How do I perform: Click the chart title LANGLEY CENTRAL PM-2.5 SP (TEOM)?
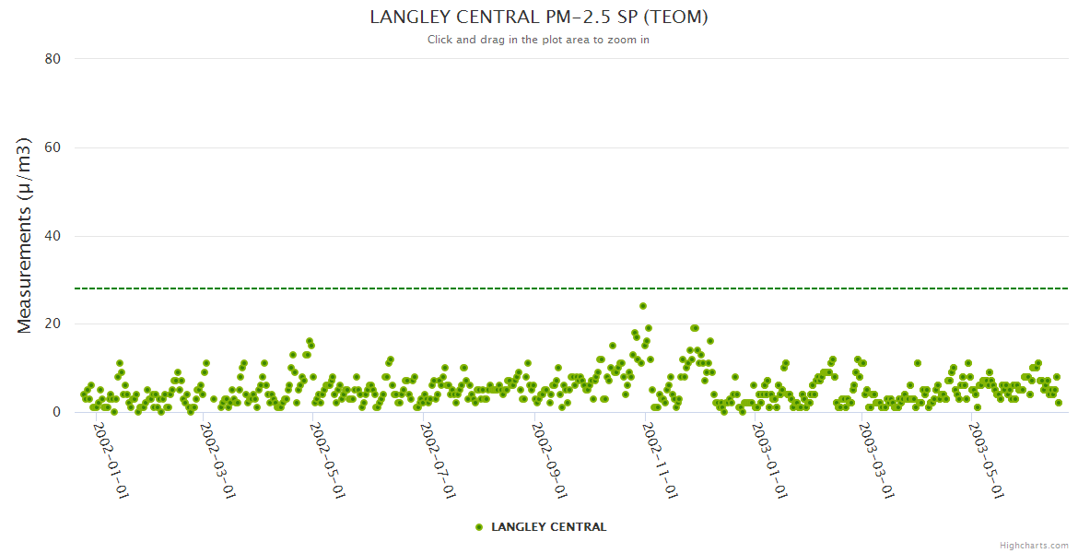pos(538,18)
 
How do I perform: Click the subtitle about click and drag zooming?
pos(538,40)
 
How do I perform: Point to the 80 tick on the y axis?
pos(53,59)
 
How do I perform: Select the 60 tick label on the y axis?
pos(53,147)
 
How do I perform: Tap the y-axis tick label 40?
pos(53,236)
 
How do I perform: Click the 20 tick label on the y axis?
pos(53,324)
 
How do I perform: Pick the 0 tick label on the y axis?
pos(56,412)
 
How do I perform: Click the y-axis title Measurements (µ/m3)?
pos(26,235)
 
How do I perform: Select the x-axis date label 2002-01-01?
pos(110,461)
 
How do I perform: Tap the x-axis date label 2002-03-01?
pos(217,461)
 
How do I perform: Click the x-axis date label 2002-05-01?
pos(326,461)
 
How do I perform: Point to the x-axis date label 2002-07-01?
pos(437,461)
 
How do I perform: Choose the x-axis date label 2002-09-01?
pos(549,461)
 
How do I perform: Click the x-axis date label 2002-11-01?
pos(660,461)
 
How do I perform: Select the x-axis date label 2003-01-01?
pos(769,461)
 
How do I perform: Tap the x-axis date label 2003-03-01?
pos(876,461)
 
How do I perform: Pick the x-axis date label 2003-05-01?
pos(987,461)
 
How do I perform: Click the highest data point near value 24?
pos(643,306)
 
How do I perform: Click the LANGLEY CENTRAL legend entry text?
pos(549,527)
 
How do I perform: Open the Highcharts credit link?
pos(1034,545)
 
